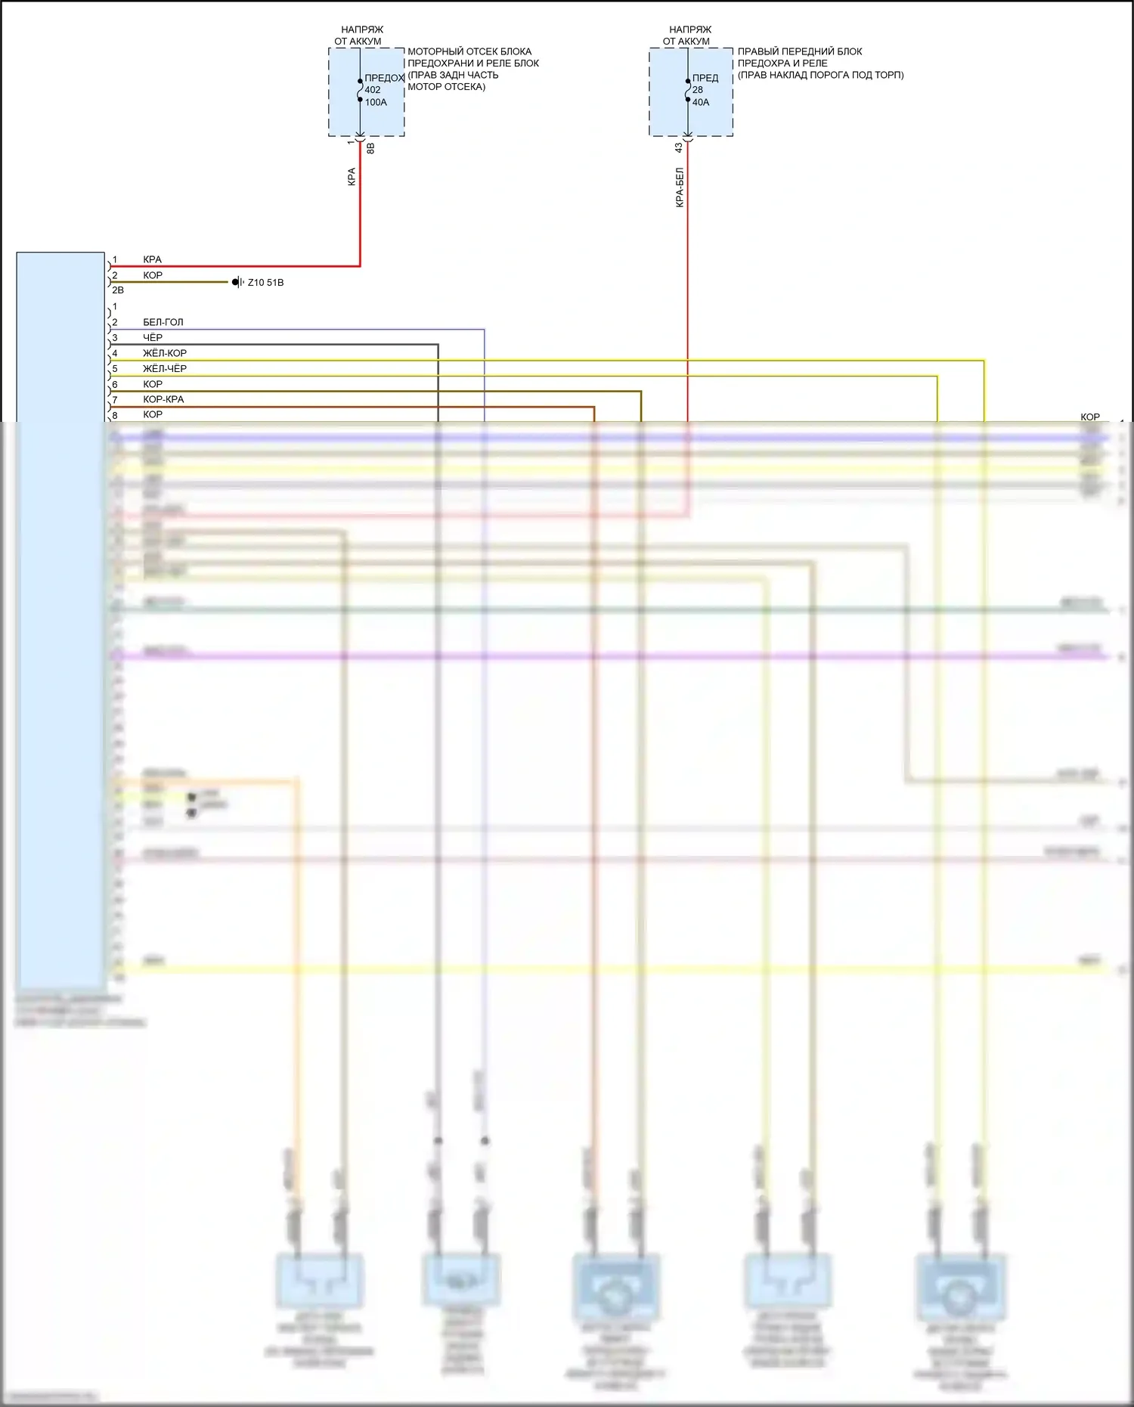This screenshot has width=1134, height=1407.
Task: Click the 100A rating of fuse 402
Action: [376, 103]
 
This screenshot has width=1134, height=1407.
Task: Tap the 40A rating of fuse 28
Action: [701, 103]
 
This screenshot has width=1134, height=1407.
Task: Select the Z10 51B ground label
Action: [265, 283]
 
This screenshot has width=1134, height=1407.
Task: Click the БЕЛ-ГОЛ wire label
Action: [163, 322]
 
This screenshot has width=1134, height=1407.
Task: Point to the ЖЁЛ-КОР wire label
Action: [164, 353]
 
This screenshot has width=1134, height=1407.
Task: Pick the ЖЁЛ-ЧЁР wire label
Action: [164, 369]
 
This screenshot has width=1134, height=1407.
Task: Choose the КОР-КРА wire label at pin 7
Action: [163, 399]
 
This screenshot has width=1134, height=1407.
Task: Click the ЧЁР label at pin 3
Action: [153, 338]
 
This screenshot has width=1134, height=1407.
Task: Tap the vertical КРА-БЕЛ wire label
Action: [680, 187]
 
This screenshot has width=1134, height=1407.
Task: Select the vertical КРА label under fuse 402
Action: [352, 177]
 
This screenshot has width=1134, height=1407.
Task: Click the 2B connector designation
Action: [118, 290]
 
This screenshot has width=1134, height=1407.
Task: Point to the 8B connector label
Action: [370, 149]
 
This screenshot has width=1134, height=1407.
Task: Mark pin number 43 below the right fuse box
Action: [678, 148]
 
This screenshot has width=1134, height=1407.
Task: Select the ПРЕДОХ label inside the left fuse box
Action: [384, 78]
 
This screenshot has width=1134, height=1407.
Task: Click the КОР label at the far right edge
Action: [1089, 417]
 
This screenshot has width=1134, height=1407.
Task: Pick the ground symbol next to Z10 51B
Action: [237, 282]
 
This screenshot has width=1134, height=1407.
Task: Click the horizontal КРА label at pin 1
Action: [152, 259]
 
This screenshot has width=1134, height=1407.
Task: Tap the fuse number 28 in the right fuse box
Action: [697, 90]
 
